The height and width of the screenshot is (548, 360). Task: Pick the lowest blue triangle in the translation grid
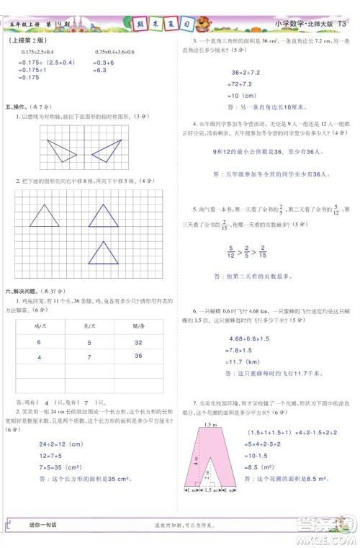point(102,253)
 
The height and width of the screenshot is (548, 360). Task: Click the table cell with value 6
point(40,343)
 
